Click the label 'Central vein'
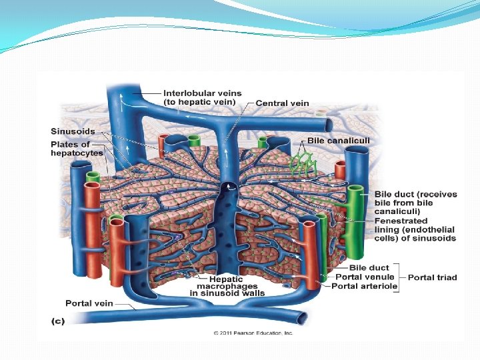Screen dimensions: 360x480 point(282,103)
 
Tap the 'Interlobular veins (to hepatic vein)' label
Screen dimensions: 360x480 point(202,97)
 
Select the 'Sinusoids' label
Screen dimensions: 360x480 point(73,131)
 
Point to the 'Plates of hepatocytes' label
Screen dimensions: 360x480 point(77,148)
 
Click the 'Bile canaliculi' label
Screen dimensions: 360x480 point(338,141)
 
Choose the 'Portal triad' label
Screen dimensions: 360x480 point(432,277)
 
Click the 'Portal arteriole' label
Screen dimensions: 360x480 point(364,287)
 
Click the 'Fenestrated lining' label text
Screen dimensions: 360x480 point(405,221)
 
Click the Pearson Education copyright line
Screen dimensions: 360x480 point(253,332)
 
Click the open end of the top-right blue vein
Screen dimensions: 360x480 point(326,125)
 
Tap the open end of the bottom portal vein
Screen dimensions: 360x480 point(304,318)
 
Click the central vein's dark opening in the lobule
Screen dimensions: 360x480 point(229,189)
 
